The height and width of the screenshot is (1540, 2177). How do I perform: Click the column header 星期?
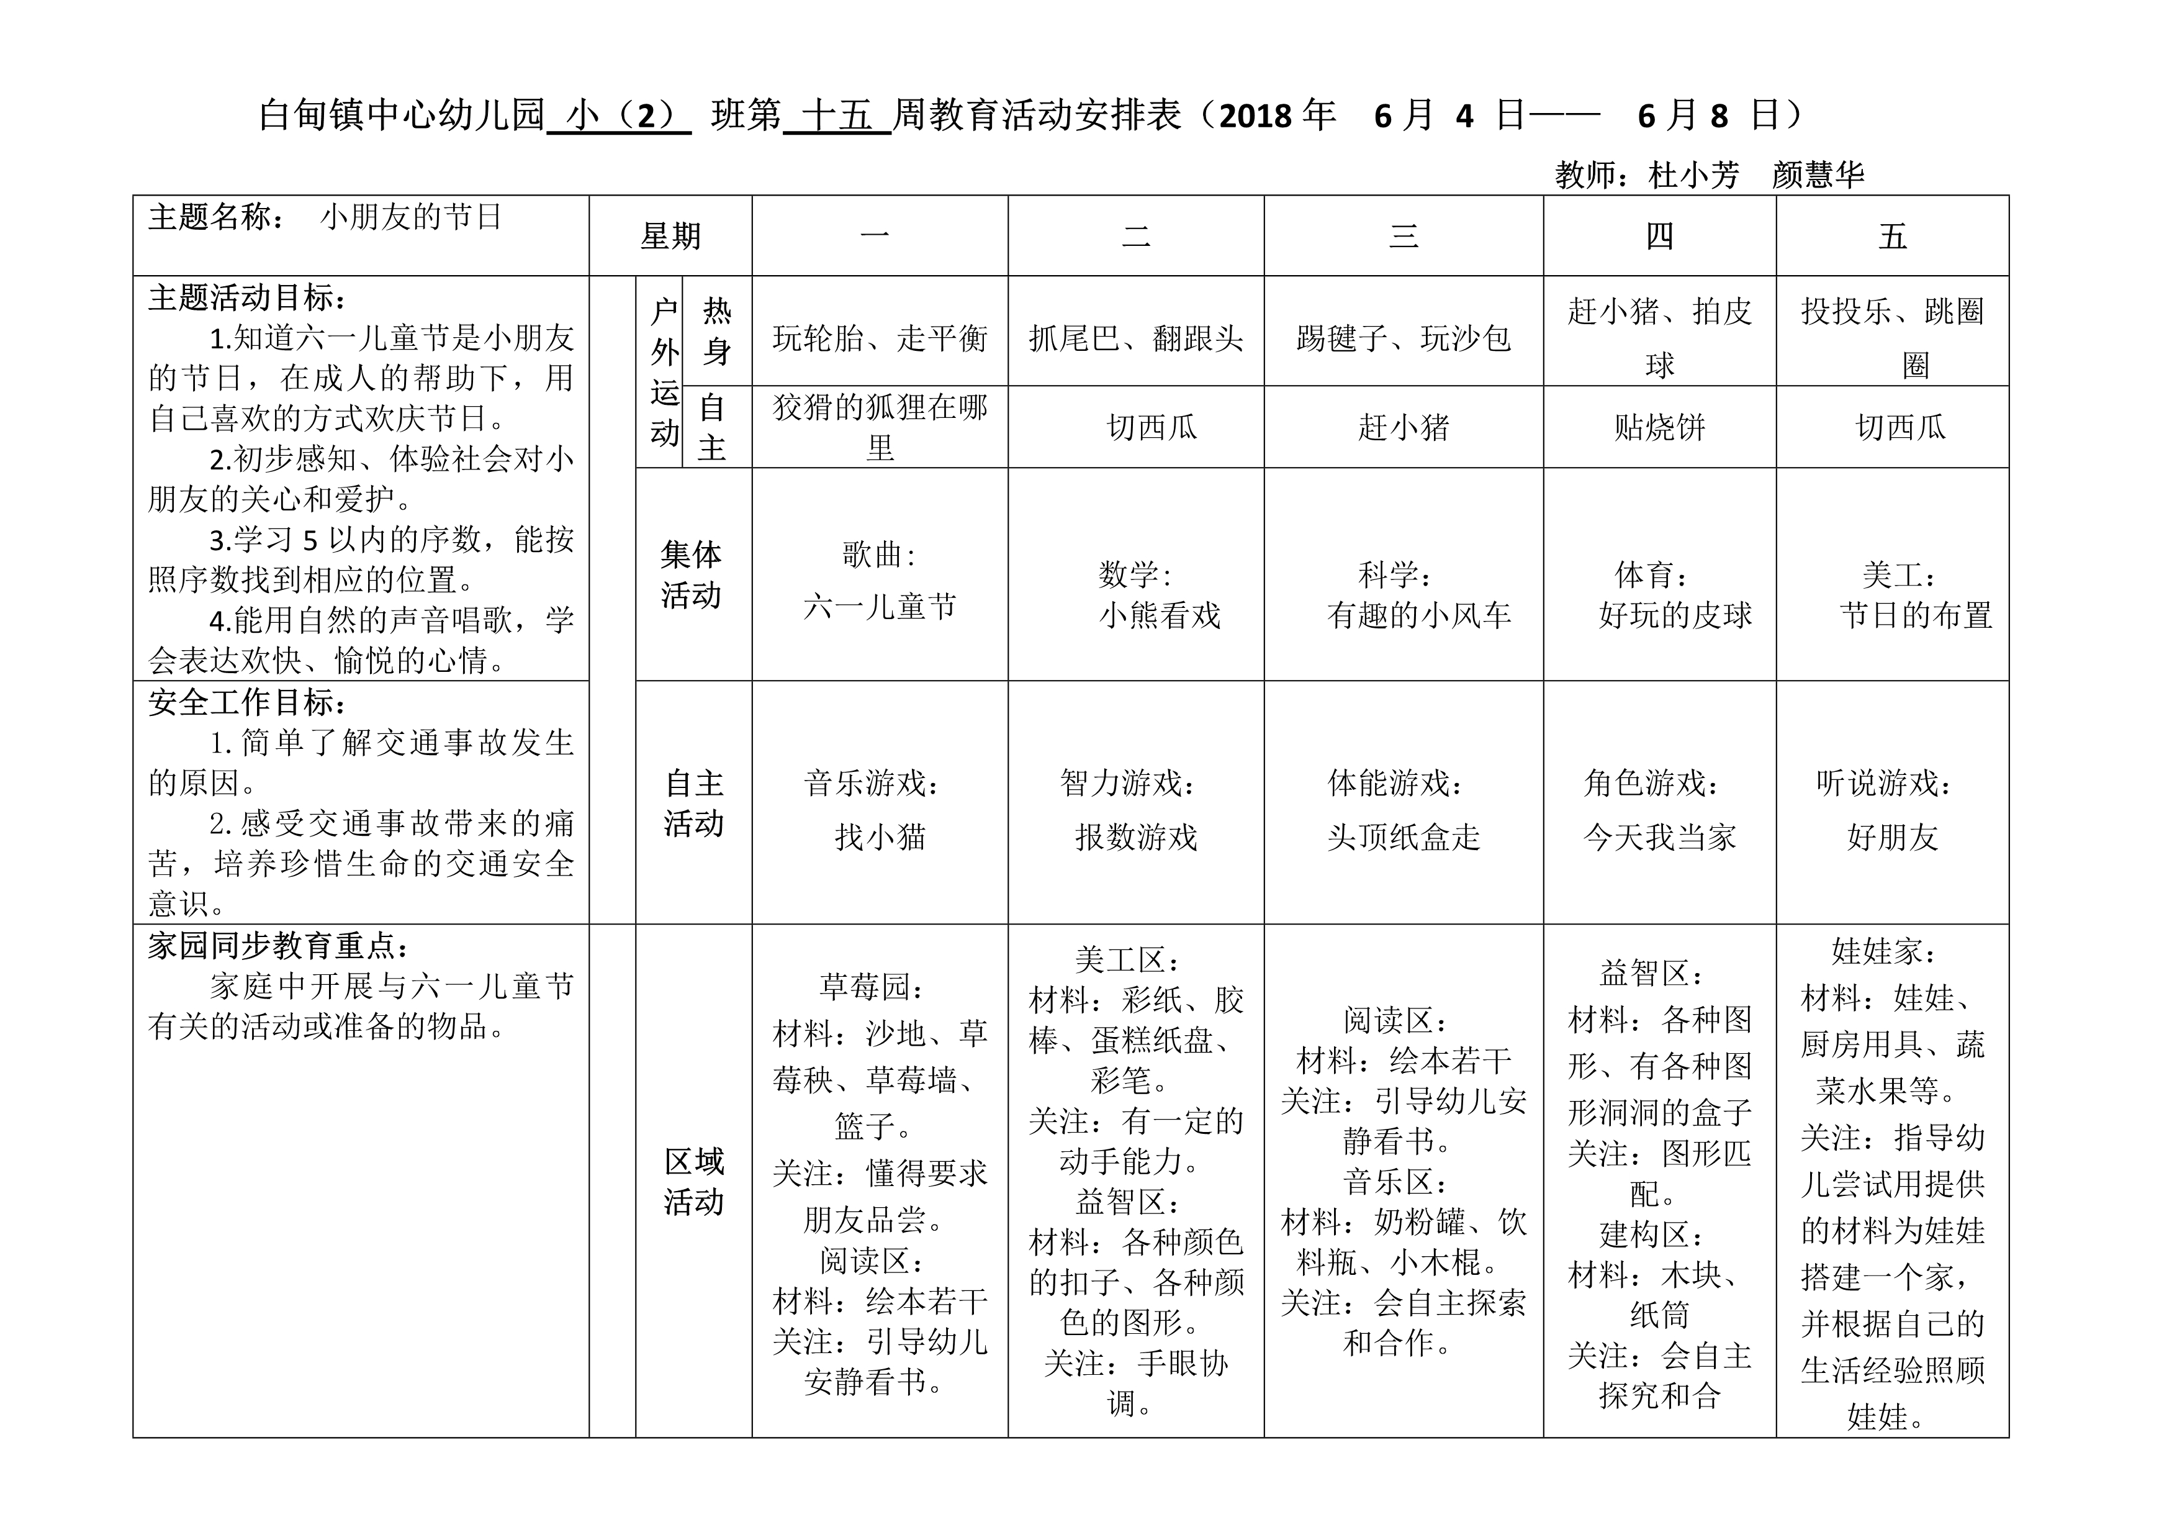point(670,236)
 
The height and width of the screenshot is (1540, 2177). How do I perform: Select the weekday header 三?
point(1404,236)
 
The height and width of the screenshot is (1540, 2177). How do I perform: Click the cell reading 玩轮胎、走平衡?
point(880,338)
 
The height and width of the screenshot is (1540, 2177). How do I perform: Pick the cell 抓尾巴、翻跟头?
point(1136,338)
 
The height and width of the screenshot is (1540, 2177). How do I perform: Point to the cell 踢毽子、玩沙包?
point(1404,338)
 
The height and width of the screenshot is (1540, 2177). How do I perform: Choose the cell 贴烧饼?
point(1659,428)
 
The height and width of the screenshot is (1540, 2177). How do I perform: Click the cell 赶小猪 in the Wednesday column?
point(1404,428)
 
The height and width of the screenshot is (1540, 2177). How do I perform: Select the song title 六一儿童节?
point(880,607)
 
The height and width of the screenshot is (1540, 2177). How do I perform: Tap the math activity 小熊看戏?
point(1160,615)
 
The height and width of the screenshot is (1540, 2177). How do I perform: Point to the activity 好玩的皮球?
point(1674,615)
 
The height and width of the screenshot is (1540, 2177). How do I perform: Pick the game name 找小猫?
point(880,837)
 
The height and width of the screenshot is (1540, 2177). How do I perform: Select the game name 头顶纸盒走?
point(1404,837)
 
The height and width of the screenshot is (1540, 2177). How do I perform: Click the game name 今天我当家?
point(1659,837)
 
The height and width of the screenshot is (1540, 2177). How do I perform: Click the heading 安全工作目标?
point(246,703)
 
